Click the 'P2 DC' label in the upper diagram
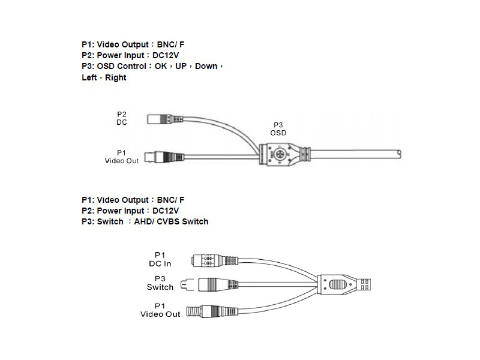[x=122, y=118]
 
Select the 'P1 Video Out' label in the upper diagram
[x=122, y=157]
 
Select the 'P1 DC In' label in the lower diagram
[x=160, y=259]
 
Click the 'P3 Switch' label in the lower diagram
[x=160, y=283]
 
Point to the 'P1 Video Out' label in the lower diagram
[x=160, y=310]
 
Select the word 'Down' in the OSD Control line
[x=206, y=67]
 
